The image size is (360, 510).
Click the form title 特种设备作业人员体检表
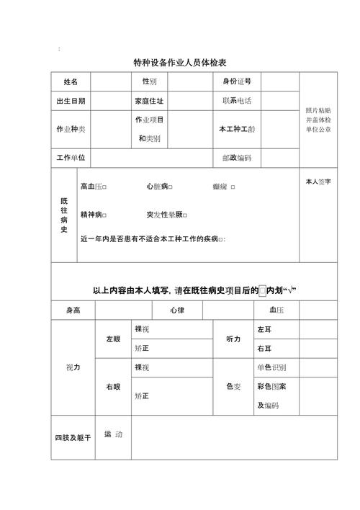tap(180, 63)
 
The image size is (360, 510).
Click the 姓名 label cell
tap(71, 82)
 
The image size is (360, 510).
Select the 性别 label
tap(149, 81)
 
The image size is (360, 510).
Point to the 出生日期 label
tap(71, 102)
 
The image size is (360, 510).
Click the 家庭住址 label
tap(149, 102)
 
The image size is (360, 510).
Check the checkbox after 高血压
tap(106, 187)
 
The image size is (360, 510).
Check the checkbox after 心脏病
tap(171, 187)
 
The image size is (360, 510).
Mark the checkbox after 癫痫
tap(233, 187)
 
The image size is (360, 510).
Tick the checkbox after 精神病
tap(106, 215)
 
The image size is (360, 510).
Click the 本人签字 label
tap(318, 182)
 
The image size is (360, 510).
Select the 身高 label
tap(73, 310)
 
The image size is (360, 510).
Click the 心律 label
tap(177, 310)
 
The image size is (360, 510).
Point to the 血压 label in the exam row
tap(276, 310)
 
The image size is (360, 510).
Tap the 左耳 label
tap(264, 329)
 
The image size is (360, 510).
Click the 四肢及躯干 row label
tap(73, 437)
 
